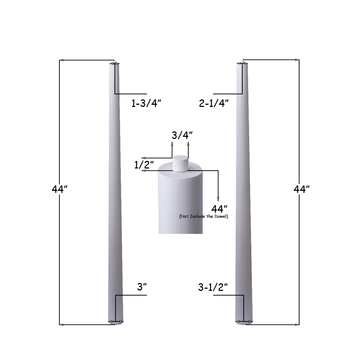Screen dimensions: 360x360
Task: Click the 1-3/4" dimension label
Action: pos(146,103)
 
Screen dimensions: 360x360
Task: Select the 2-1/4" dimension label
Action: pos(214,103)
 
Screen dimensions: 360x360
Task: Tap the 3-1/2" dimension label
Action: pos(213,287)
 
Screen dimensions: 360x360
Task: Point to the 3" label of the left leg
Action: pos(141,287)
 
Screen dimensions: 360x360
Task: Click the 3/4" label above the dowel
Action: pos(182,135)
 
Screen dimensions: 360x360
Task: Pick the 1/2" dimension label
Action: pos(144,165)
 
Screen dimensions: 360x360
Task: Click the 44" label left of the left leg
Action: pos(59,189)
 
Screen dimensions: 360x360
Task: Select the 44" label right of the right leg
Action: pos(301,189)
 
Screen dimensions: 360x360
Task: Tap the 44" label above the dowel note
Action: pos(219,209)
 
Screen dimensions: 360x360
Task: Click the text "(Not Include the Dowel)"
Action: pos(204,216)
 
